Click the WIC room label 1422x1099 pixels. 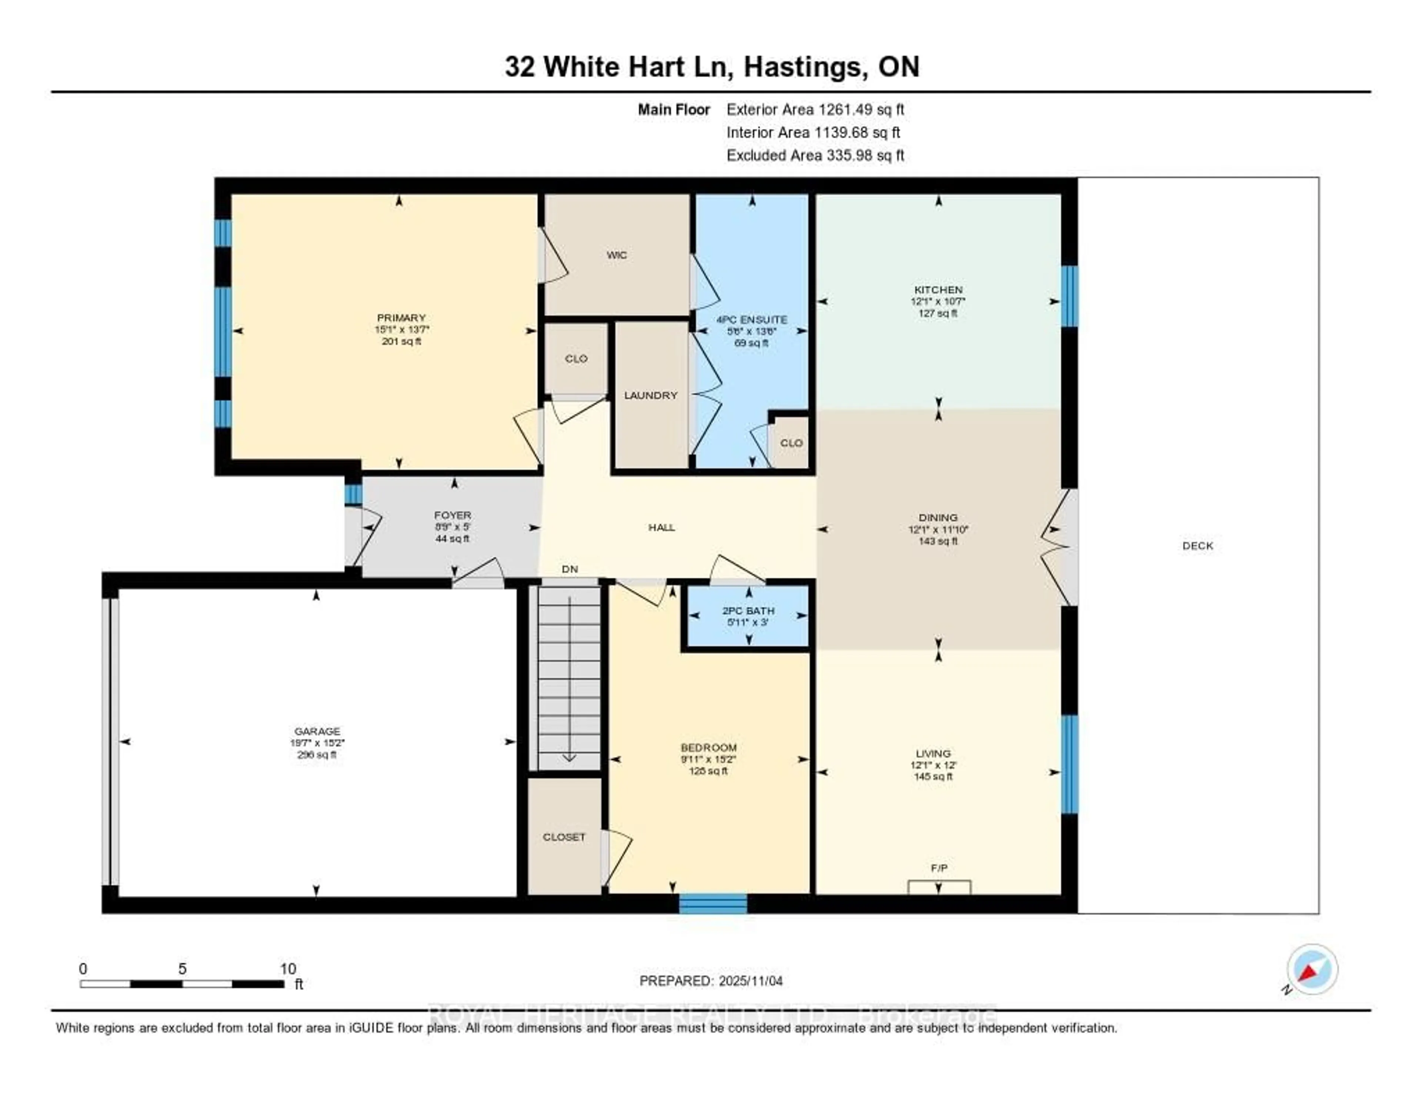[617, 255]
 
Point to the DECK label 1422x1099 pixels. [1197, 546]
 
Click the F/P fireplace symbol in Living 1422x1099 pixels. [939, 887]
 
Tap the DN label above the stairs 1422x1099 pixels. [570, 569]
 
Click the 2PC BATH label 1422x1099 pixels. [748, 610]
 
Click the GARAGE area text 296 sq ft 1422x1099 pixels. [317, 754]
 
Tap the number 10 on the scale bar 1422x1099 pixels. [288, 969]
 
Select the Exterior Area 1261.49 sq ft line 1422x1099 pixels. [815, 109]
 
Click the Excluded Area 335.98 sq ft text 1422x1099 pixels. [815, 155]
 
